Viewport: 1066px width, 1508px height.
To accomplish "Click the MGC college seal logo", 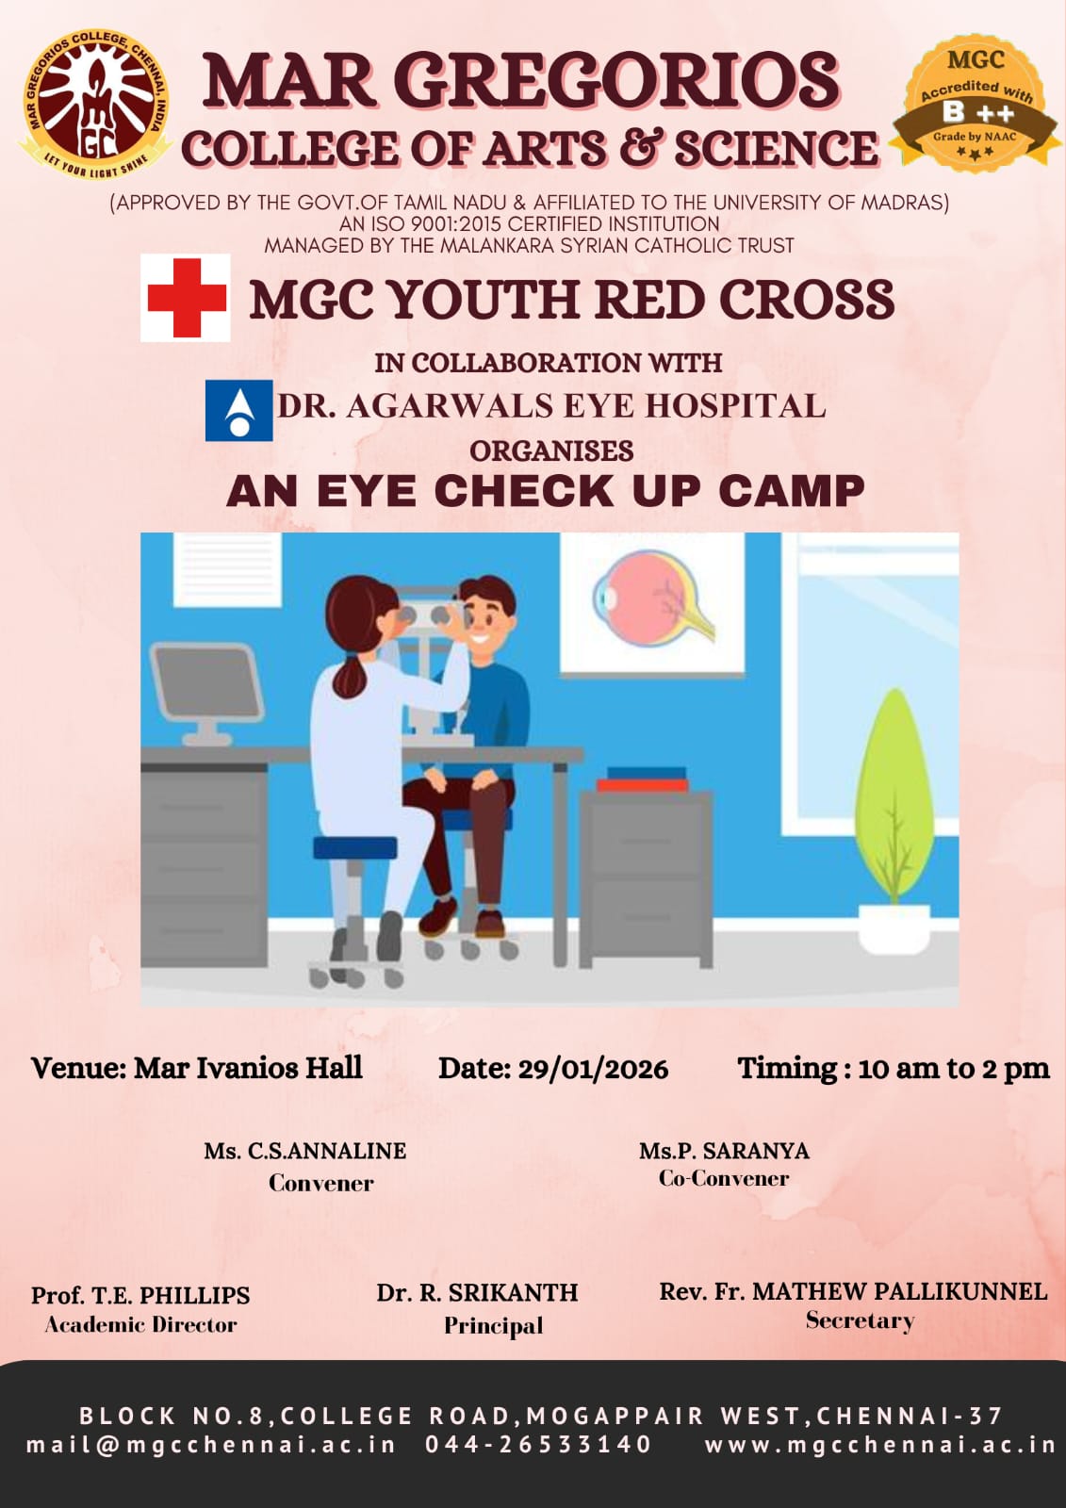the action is (95, 105).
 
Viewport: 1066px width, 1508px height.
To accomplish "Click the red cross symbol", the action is (186, 298).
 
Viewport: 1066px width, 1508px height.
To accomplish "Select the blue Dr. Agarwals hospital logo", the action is (239, 410).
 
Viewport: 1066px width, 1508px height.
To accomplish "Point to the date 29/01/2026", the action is (593, 1070).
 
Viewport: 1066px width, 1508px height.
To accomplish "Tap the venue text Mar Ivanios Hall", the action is (248, 1069).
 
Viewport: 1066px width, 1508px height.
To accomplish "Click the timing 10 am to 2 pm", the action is (954, 1069).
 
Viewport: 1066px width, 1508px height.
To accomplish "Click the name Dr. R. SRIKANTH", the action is (477, 1292).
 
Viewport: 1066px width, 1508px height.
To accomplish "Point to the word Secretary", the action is (860, 1320).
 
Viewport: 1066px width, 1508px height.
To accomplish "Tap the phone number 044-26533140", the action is (538, 1444).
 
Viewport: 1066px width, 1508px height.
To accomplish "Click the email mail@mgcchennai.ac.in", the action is (211, 1445).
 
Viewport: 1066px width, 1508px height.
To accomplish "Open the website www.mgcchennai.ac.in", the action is (879, 1445).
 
